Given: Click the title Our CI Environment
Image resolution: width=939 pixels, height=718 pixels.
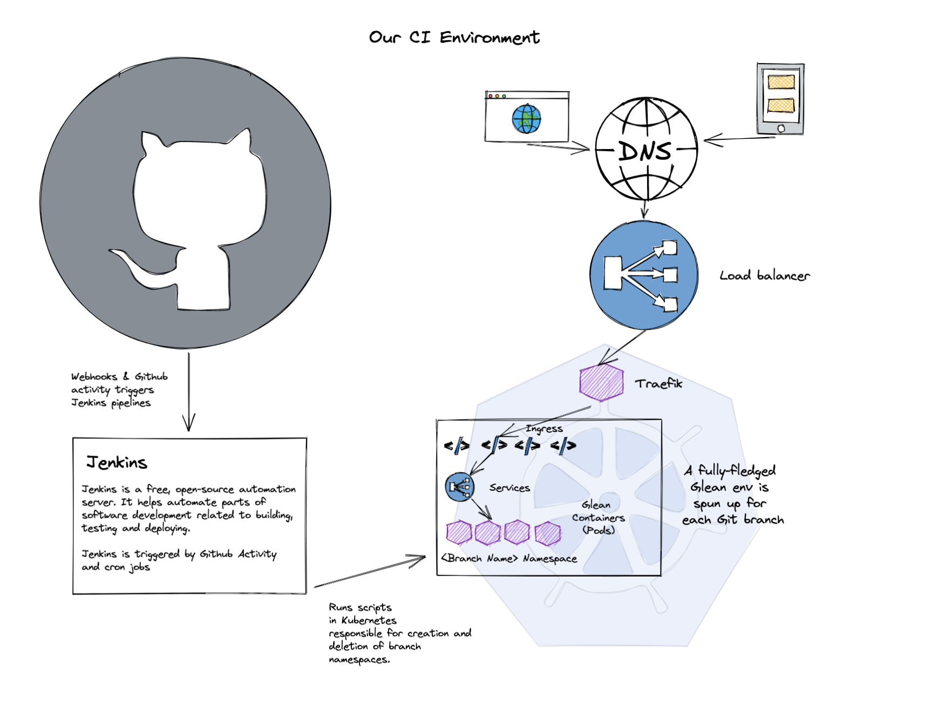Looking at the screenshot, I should pyautogui.click(x=454, y=37).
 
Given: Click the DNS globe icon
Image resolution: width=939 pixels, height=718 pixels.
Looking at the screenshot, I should pyautogui.click(x=646, y=150).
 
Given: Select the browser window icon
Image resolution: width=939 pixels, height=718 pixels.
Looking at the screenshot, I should pyautogui.click(x=527, y=117).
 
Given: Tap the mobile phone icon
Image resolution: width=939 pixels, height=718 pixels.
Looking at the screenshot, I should pyautogui.click(x=780, y=99).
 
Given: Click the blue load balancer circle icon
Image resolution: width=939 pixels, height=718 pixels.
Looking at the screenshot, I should pyautogui.click(x=644, y=275).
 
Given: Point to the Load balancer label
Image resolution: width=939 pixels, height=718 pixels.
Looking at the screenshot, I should pyautogui.click(x=764, y=276).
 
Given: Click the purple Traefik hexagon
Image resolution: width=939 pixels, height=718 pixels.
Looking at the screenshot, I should pyautogui.click(x=601, y=382).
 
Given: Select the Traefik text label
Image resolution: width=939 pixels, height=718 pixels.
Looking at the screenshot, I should pyautogui.click(x=658, y=384).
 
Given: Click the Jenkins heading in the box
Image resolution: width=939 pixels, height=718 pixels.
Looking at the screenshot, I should pyautogui.click(x=117, y=463).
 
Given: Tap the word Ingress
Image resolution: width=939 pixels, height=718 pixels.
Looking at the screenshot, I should pyautogui.click(x=544, y=429).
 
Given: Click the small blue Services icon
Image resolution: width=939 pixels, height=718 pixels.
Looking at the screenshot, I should pyautogui.click(x=460, y=487).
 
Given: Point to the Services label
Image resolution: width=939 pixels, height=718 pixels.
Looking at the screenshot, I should pyautogui.click(x=509, y=488).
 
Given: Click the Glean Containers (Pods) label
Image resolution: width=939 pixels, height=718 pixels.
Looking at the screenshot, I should pyautogui.click(x=598, y=517).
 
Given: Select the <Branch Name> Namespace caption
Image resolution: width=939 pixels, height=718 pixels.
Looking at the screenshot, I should pyautogui.click(x=509, y=558).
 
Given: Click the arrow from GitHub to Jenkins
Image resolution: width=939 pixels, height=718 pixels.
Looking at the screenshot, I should pyautogui.click(x=189, y=391).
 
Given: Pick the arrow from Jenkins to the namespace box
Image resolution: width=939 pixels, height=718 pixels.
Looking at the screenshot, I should pyautogui.click(x=370, y=572).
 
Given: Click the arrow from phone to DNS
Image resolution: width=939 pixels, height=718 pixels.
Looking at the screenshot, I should pyautogui.click(x=739, y=139).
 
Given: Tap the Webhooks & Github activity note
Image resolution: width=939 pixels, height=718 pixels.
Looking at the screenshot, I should pyautogui.click(x=119, y=389).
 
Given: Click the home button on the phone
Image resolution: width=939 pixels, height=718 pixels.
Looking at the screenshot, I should pyautogui.click(x=781, y=128).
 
